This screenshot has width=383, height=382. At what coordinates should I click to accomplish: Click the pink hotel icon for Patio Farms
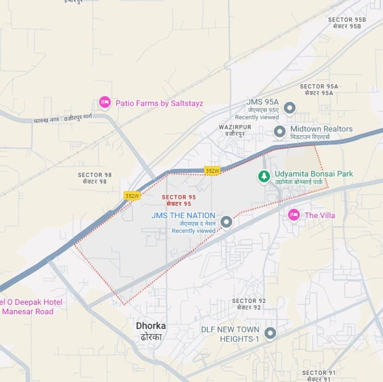[x=105, y=102]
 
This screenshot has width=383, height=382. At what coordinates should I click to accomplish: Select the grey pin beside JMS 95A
[x=290, y=109]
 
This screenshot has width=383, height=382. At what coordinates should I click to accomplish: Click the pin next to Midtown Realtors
[x=280, y=132]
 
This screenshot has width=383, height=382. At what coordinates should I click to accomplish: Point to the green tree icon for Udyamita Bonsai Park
[x=264, y=176]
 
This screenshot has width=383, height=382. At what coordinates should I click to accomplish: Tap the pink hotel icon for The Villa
[x=294, y=215]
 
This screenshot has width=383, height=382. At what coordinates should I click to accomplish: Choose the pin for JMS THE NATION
[x=227, y=222]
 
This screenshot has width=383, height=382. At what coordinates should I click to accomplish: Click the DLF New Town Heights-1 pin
[x=270, y=334]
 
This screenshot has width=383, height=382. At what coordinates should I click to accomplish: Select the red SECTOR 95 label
[x=179, y=200]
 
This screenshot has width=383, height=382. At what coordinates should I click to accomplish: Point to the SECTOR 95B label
[x=347, y=23]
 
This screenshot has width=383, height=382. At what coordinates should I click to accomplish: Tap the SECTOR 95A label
[x=319, y=89]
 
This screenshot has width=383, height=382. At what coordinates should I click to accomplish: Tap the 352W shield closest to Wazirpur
[x=212, y=171]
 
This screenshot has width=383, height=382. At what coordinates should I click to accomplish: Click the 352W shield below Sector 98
[x=132, y=195]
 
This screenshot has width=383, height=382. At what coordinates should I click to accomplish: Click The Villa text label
[x=320, y=215]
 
